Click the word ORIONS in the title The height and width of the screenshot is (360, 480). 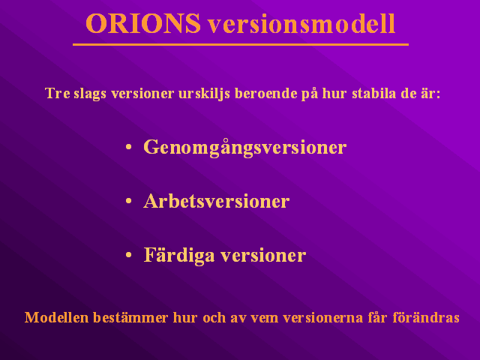[143, 23]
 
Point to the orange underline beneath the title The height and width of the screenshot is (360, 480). [241, 45]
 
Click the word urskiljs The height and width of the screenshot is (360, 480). [204, 94]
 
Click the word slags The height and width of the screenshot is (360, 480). [90, 94]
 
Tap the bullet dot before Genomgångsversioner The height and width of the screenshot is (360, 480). [128, 147]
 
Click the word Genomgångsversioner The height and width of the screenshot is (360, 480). [245, 148]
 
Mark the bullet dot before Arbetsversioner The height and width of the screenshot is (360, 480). [128, 201]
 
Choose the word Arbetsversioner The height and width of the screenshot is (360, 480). [217, 201]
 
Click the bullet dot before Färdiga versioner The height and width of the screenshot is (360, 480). [128, 255]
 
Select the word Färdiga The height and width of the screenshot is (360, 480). [179, 255]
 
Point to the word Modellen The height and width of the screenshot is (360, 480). [57, 317]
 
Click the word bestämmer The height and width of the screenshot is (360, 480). [130, 317]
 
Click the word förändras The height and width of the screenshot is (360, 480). [426, 317]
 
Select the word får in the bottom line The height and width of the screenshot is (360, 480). [378, 317]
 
